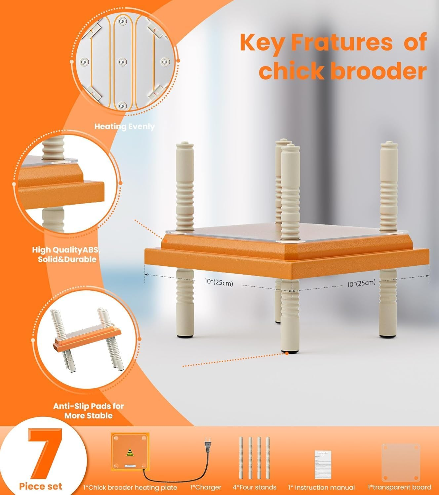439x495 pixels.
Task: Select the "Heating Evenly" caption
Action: coord(124,126)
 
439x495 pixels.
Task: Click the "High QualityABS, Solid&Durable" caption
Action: coord(66,254)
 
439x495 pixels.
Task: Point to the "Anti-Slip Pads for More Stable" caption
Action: coord(89,411)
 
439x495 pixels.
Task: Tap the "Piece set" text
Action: coord(40,486)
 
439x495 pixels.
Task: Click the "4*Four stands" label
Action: coord(255,487)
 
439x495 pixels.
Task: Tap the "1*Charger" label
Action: coord(206,487)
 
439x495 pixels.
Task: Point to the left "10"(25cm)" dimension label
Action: coord(219,282)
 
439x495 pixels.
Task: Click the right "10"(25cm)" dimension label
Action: coord(361,283)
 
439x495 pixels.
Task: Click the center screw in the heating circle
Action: coord(122,61)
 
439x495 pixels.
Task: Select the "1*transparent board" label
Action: coord(399,487)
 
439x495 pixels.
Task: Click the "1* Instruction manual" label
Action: coord(321,487)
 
